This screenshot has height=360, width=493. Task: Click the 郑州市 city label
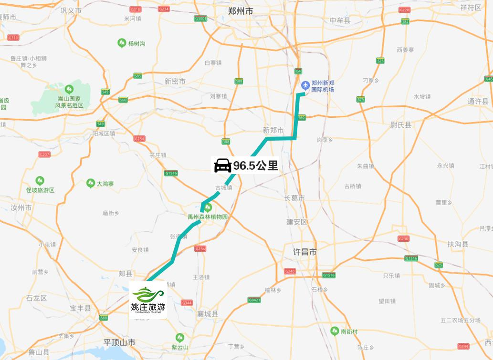pos(241,11)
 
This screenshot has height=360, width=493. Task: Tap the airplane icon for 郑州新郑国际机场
pos(305,85)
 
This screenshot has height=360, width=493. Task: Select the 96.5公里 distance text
pos(255,166)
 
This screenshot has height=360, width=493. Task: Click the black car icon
pos(222,165)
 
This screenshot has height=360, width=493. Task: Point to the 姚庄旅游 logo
pos(148,299)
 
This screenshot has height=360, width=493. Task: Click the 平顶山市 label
pos(119,342)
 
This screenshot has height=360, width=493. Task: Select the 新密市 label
pos(175,81)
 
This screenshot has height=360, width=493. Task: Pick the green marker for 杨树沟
pos(122,43)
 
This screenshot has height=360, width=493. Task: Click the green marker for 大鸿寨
pos(90,183)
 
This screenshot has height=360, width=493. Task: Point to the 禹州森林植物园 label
pos(208,216)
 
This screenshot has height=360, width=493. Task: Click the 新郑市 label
pos(273,130)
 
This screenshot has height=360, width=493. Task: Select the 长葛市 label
pos(294,198)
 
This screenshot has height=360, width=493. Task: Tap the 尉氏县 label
pos(401,125)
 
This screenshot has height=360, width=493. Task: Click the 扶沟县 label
pos(458,244)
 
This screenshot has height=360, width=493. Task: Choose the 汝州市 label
pos(21,208)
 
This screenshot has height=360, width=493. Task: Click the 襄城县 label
pos(208,314)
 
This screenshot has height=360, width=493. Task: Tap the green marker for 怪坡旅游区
pos(40,181)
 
